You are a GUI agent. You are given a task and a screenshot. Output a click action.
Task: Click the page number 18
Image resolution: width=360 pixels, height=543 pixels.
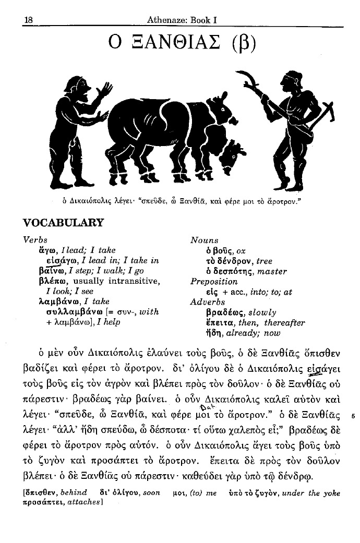[x=28, y=20]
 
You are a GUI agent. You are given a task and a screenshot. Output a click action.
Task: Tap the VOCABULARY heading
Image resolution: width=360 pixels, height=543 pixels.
[x=64, y=223]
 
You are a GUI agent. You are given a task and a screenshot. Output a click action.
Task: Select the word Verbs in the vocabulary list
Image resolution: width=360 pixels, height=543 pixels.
[x=35, y=240]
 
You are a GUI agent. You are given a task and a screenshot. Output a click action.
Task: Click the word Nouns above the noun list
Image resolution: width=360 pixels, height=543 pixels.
[x=205, y=240]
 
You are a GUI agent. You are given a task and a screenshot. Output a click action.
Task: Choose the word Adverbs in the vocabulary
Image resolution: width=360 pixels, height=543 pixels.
[x=208, y=302]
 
